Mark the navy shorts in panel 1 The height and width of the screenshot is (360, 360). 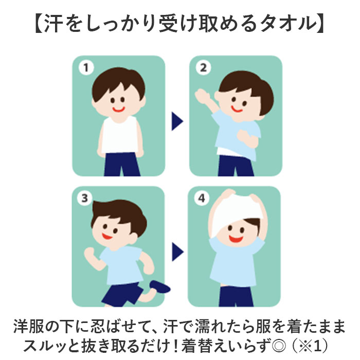coord(121,165)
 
